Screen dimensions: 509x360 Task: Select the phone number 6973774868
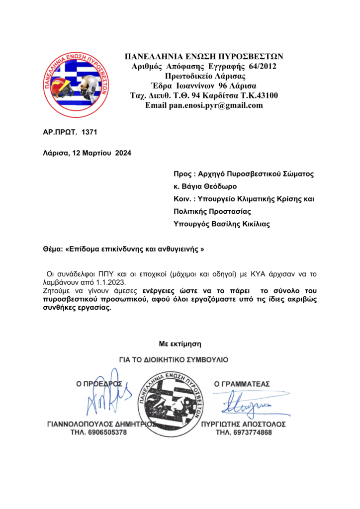point(251,432)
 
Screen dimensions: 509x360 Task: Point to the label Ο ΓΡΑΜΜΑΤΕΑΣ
point(241,384)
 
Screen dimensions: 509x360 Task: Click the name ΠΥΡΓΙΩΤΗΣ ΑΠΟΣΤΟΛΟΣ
point(244,424)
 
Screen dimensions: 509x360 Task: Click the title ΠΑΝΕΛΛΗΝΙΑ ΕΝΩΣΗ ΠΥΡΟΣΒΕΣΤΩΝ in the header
point(204,56)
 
